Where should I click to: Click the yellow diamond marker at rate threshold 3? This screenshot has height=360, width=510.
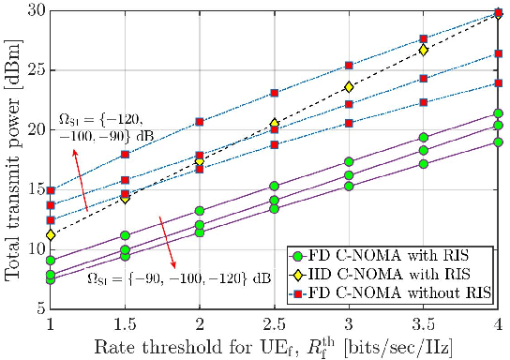point(349,87)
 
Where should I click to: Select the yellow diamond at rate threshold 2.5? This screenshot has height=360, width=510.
point(274,124)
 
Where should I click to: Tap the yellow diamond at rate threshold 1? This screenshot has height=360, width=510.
point(50,234)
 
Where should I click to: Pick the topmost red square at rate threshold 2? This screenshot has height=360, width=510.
point(200,122)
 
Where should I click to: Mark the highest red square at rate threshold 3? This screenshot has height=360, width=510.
point(349,66)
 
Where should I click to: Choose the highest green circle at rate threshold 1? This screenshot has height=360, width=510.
point(50,261)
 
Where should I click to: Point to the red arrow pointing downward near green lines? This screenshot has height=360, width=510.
point(170,240)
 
